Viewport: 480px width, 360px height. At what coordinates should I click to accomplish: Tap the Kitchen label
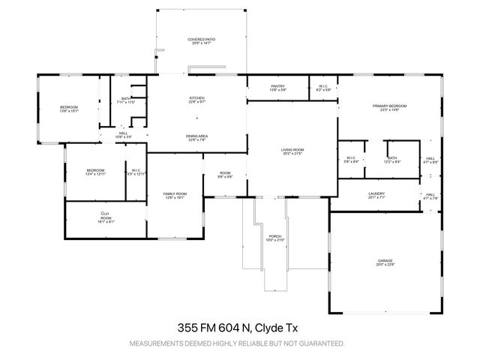197,98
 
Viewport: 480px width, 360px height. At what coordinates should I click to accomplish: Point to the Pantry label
277,86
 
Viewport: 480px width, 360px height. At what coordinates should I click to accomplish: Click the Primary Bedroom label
389,106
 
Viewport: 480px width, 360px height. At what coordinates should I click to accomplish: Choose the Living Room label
292,149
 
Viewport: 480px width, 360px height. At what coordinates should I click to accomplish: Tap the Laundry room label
376,194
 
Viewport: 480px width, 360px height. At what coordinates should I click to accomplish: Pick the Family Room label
175,194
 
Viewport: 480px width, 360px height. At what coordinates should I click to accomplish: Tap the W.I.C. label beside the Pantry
322,86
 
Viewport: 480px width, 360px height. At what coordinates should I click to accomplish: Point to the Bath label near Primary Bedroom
391,157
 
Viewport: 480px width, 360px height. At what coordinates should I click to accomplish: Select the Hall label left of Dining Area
123,133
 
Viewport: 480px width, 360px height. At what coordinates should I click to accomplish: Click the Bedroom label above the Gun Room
94,169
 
